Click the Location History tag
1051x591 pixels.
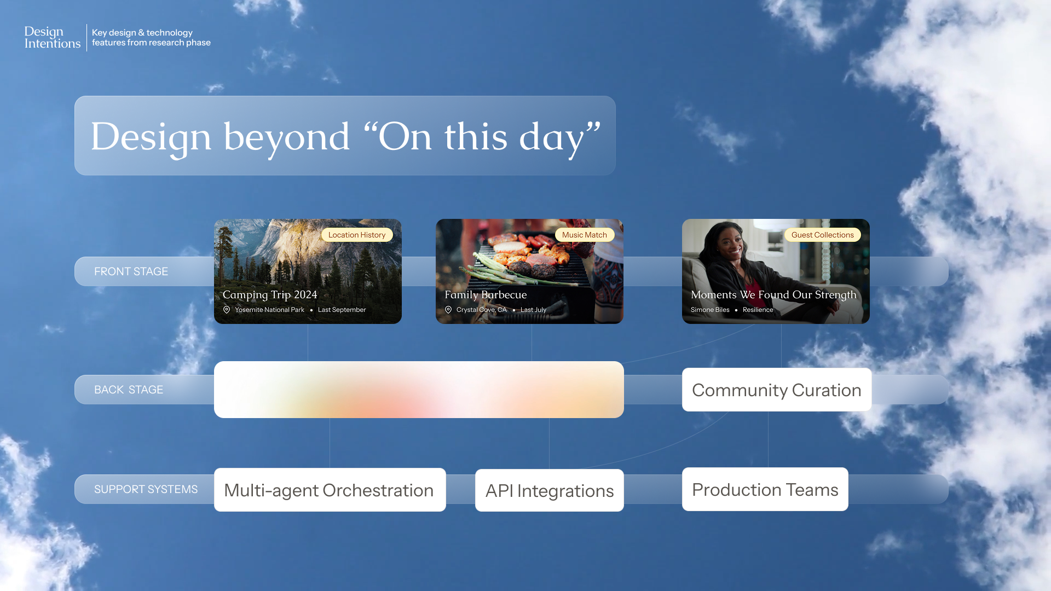pos(357,235)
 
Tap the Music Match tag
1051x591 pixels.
pos(585,235)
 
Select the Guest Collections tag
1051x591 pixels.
pos(822,235)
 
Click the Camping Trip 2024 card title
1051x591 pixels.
pos(270,295)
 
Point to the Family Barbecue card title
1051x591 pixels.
pos(486,295)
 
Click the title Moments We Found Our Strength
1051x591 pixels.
pos(773,295)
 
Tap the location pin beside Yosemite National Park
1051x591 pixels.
pos(227,310)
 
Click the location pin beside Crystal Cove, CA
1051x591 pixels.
pos(448,310)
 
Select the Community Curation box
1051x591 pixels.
pos(777,390)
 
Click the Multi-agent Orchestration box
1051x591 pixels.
pos(330,490)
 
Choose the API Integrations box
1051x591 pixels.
pos(550,490)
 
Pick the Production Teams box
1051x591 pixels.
pos(765,489)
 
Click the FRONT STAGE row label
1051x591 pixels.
pos(131,271)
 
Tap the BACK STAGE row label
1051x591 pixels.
pos(129,390)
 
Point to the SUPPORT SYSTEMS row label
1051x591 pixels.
pos(146,489)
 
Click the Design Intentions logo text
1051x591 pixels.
pos(53,37)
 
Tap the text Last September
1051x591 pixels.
pos(342,310)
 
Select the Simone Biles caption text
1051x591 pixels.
pos(710,310)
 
